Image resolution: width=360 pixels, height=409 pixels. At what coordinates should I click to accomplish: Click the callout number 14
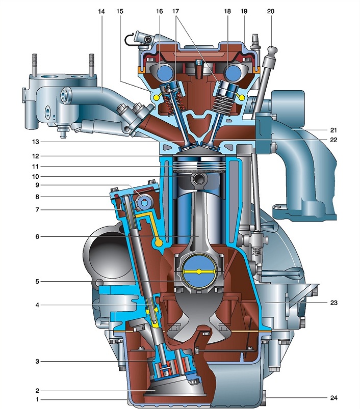click(x=101, y=12)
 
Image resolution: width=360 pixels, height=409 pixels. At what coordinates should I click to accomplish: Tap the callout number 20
click(x=271, y=12)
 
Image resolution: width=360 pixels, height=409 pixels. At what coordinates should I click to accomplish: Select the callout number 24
click(x=333, y=398)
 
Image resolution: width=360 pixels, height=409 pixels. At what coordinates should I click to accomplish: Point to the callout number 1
click(x=37, y=399)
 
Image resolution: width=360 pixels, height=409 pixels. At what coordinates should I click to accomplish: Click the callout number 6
click(x=37, y=236)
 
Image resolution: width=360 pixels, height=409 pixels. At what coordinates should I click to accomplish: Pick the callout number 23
click(x=333, y=303)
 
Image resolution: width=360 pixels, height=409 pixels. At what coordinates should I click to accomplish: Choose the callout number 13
click(x=36, y=142)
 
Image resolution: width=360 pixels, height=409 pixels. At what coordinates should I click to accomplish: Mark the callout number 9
click(x=37, y=185)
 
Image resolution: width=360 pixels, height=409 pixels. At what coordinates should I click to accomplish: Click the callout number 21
click(x=333, y=130)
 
